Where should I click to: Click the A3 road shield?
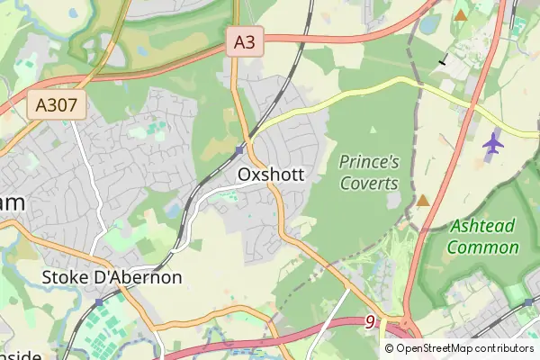[x=245, y=41]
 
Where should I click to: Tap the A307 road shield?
[x=56, y=106]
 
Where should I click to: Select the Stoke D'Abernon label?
[x=112, y=276]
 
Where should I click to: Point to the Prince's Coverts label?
[x=369, y=172]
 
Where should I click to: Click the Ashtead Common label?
[x=483, y=237]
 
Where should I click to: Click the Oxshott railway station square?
[x=240, y=149]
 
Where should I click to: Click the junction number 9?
[x=370, y=321]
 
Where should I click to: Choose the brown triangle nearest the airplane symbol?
[x=422, y=200]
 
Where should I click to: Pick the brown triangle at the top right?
[x=461, y=15]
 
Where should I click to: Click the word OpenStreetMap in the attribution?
[x=436, y=348]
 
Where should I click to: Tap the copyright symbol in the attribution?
[x=390, y=348]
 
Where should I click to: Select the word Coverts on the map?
[x=369, y=183]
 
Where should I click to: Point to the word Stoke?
[x=64, y=276]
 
